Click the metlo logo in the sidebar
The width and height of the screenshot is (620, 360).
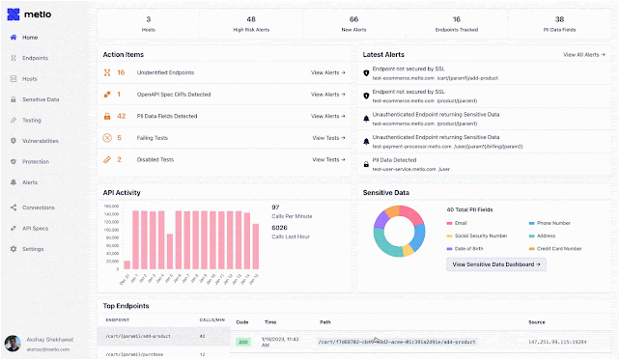coord(30,15)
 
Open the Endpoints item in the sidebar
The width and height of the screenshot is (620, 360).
coord(36,58)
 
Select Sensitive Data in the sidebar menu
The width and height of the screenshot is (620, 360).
coord(41,99)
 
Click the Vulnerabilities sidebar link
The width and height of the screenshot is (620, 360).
coord(41,140)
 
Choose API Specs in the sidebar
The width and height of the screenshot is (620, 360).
coord(36,228)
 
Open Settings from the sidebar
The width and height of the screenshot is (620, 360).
coord(33,249)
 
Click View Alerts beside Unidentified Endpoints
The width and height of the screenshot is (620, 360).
coord(328,72)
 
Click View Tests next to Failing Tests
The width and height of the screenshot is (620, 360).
coord(328,138)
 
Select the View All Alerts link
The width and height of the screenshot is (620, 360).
coord(582,55)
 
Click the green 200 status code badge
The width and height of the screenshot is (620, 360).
coord(242,341)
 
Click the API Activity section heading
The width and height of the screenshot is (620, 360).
coord(123,192)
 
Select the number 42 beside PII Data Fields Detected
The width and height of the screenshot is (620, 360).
coord(122,116)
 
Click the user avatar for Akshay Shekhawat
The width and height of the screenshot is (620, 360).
coord(12,343)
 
